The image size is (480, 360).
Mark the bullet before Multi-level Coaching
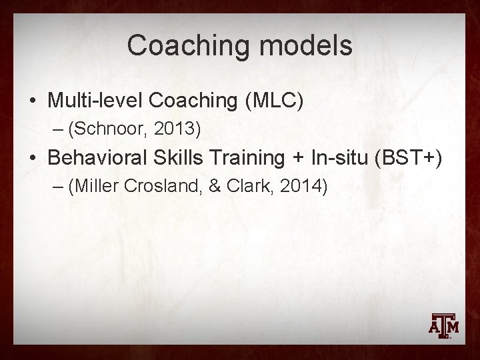click(x=32, y=101)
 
